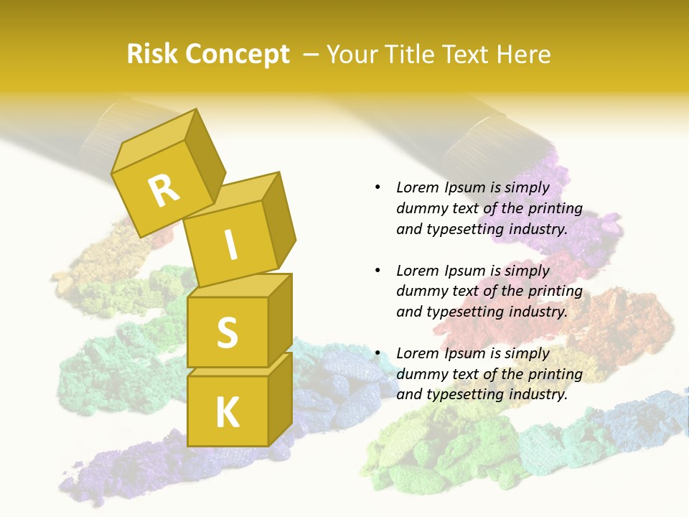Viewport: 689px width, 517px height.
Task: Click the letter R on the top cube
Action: pos(164,191)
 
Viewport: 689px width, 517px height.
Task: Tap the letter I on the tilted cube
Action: pos(230,245)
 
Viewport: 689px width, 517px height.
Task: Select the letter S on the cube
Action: pos(227,332)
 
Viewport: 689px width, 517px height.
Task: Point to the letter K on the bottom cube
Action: pos(227,412)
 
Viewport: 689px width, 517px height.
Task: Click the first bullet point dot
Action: pos(378,188)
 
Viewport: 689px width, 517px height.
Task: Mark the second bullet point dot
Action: pos(378,271)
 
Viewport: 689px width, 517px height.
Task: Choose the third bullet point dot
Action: pos(378,353)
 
